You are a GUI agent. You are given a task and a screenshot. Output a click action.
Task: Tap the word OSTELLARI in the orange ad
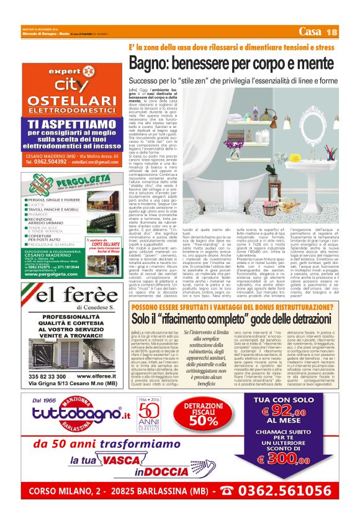[71, 101]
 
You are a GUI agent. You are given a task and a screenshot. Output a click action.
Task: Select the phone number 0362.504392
[50, 161]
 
